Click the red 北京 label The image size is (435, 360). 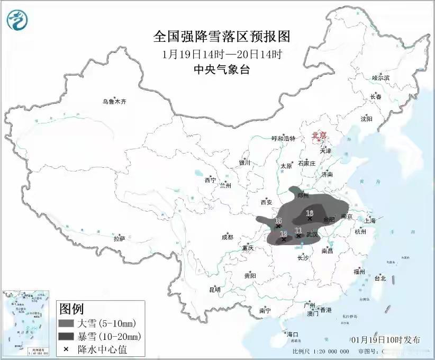[319, 135]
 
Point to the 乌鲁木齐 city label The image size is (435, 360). [115, 102]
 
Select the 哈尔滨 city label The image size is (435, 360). [380, 77]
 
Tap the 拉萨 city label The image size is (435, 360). [119, 239]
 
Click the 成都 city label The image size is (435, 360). [228, 237]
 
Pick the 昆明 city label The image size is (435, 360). [214, 290]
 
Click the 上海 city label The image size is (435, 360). [370, 220]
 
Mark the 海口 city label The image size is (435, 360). [293, 335]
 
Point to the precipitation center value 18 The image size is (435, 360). [311, 213]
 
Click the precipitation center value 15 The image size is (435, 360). [278, 221]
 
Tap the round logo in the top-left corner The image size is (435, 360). [17, 20]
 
